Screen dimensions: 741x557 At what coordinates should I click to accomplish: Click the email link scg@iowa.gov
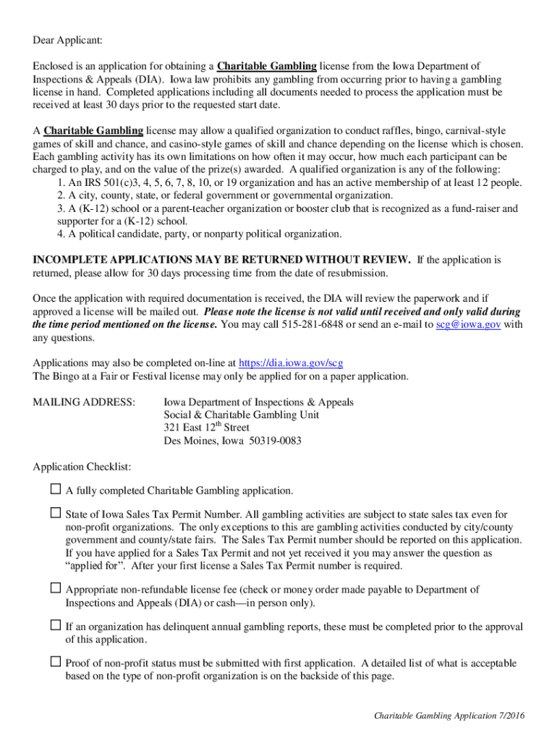[x=468, y=325]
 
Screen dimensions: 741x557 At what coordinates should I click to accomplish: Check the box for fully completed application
[x=56, y=490]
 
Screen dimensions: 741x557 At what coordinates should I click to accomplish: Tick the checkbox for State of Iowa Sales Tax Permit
[x=56, y=513]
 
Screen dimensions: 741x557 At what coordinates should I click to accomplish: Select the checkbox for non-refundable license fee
[x=56, y=588]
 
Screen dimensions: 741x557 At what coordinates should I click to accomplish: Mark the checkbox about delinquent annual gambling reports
[x=56, y=626]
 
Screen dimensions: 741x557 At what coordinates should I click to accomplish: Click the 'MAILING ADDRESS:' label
[x=84, y=402]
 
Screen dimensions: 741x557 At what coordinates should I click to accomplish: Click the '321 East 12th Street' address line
[x=206, y=428]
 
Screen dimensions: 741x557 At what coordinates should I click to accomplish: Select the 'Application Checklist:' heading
[x=82, y=467]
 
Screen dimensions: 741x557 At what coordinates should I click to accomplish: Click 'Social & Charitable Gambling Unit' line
[x=241, y=415]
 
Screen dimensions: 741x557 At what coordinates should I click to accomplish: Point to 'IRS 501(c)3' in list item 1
[x=101, y=182]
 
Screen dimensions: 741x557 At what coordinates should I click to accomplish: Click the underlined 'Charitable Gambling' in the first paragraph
[x=267, y=67]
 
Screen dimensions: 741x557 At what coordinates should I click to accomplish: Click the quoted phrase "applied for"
[x=90, y=565]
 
